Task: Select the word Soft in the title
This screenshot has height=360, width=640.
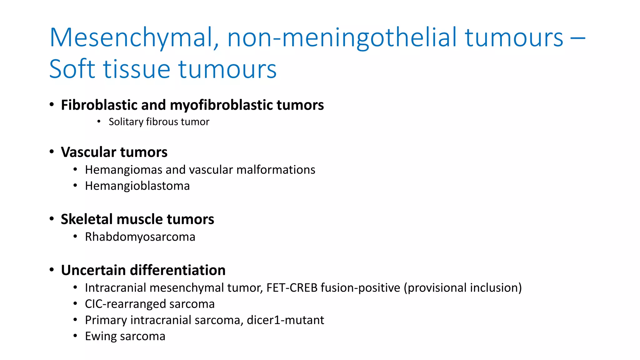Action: (x=72, y=69)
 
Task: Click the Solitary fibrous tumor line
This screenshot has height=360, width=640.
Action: (x=159, y=122)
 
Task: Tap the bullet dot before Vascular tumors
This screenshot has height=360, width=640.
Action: (x=52, y=152)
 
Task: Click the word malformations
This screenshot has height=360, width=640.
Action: (x=276, y=170)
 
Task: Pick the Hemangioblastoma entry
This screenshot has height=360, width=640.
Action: (x=137, y=186)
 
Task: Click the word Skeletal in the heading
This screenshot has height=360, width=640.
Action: (x=87, y=219)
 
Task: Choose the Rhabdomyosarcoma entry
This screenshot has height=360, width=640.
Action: (x=140, y=237)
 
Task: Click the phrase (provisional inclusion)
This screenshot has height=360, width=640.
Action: (x=462, y=288)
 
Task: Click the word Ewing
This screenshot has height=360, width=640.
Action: (x=101, y=337)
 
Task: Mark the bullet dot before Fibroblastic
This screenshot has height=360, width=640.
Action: (x=52, y=105)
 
